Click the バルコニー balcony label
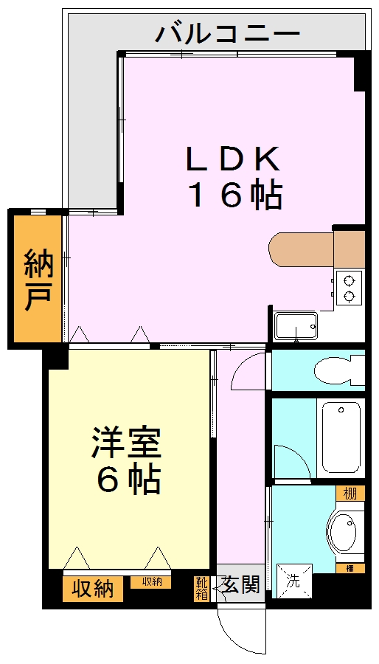pos(229,33)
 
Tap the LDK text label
pos(233,159)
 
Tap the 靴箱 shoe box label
pos(201,588)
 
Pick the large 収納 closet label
pos(93,589)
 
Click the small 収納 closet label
pos(151,582)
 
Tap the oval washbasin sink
pos(341,530)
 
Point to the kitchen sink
pos(295,325)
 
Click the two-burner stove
pos(349,288)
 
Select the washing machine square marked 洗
pos(293,580)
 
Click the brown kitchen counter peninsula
pos(310,249)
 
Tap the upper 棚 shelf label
pos(350,493)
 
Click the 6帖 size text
pos(129,481)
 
